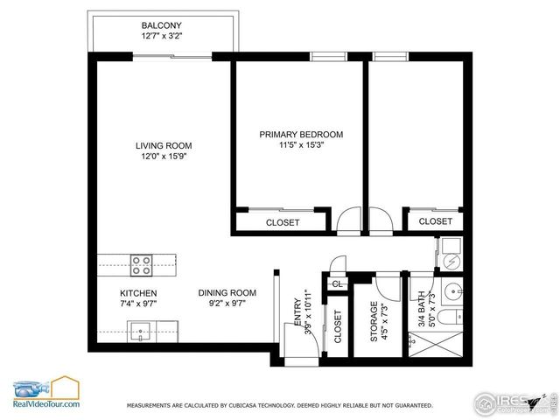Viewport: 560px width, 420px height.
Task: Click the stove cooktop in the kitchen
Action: [142, 263]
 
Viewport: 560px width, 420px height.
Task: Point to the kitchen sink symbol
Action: [140, 331]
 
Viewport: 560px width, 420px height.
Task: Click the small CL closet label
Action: [337, 283]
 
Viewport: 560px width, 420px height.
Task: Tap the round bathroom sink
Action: [452, 290]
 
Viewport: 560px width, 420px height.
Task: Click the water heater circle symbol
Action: [451, 260]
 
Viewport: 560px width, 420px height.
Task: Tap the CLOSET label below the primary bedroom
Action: [282, 222]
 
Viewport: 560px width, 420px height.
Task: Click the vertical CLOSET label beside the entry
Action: [339, 325]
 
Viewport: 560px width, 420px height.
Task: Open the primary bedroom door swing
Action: [349, 219]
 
